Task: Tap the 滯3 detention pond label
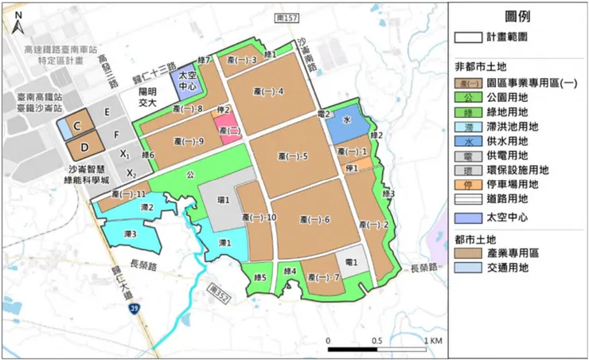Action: coord(129,234)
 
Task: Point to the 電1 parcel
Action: coord(351,260)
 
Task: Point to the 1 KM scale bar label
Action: coord(433,341)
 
